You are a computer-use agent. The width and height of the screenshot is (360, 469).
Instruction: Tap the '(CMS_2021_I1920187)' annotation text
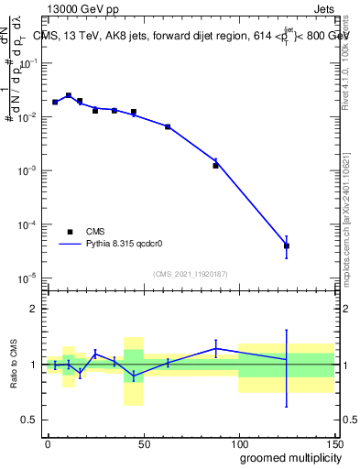tap(190, 274)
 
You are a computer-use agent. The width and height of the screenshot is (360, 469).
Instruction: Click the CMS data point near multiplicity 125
tap(287, 245)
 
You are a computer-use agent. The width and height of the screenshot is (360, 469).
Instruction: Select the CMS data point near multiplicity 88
tap(216, 166)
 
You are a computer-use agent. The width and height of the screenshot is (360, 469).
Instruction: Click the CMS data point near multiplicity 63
tap(168, 126)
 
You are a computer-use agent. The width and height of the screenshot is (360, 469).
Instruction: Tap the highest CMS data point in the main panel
tap(69, 95)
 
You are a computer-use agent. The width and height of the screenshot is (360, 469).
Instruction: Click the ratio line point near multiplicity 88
tap(216, 348)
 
